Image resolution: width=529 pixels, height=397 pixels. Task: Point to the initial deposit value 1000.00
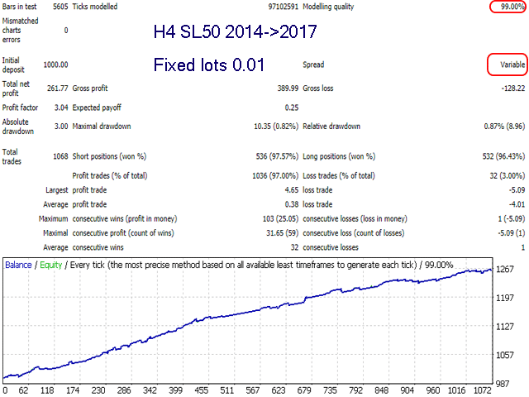(55, 65)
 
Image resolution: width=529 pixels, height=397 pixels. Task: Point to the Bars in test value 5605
(59, 7)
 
